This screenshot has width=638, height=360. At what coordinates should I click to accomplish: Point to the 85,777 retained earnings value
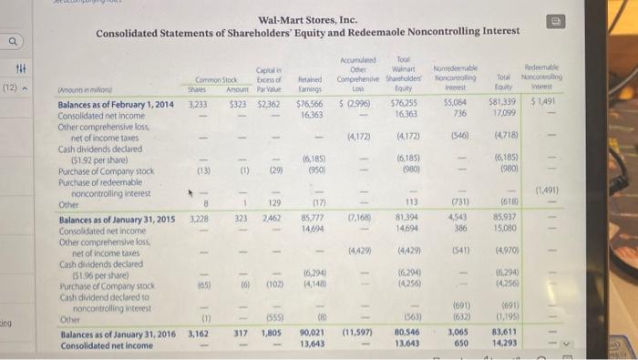314,220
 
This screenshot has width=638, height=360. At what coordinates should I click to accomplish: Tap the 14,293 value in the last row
504,344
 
